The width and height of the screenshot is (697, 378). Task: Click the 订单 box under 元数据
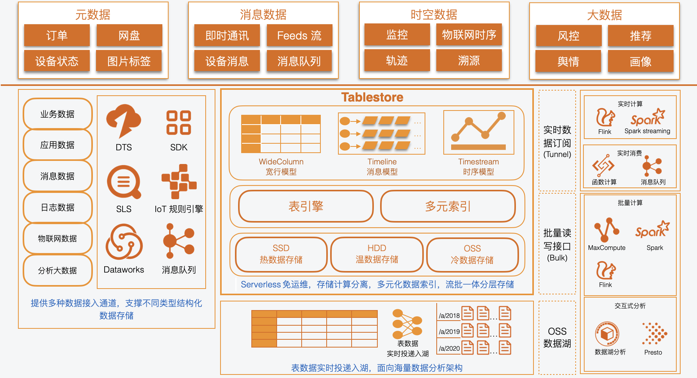(x=57, y=36)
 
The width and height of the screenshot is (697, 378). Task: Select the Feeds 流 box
(x=299, y=36)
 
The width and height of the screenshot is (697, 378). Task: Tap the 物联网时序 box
(x=469, y=35)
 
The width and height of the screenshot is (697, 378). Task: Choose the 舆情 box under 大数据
(x=568, y=61)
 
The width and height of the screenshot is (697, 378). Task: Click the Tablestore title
(x=372, y=97)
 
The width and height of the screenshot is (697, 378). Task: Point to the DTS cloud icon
(x=123, y=121)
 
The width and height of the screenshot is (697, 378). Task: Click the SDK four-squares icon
(x=179, y=123)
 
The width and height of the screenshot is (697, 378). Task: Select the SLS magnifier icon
(x=124, y=182)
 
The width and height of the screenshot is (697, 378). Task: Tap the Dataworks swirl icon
(x=124, y=242)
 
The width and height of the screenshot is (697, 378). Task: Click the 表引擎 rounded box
(x=306, y=206)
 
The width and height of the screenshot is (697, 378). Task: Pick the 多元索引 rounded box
(x=448, y=206)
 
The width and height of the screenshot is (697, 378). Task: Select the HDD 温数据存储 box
(x=377, y=254)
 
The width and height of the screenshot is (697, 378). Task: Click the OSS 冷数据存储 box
(x=472, y=254)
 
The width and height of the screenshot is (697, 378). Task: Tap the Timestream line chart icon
(x=478, y=132)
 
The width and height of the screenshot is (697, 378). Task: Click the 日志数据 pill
(x=58, y=207)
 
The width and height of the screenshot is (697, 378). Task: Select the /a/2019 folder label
(x=449, y=332)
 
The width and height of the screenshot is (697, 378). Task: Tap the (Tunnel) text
(x=557, y=154)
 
